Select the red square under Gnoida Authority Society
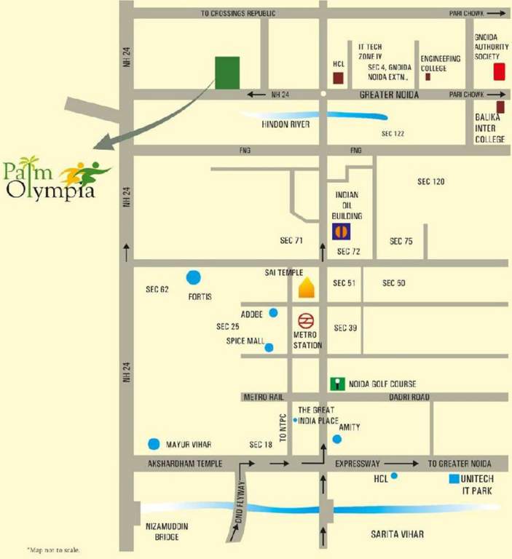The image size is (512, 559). tap(500, 71)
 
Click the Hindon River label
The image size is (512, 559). tap(285, 124)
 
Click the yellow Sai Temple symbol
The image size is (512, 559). tap(306, 288)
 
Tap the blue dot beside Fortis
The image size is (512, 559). tap(193, 277)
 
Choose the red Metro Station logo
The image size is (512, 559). tap(306, 320)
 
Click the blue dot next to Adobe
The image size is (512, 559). tap(273, 313)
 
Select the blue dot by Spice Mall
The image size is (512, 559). tap(269, 347)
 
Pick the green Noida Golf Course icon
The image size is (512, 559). tap(336, 384)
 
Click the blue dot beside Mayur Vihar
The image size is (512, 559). tap(154, 444)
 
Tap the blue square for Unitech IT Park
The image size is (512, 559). tap(454, 479)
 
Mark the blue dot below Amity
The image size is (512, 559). tap(336, 439)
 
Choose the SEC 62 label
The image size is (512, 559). tap(157, 290)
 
